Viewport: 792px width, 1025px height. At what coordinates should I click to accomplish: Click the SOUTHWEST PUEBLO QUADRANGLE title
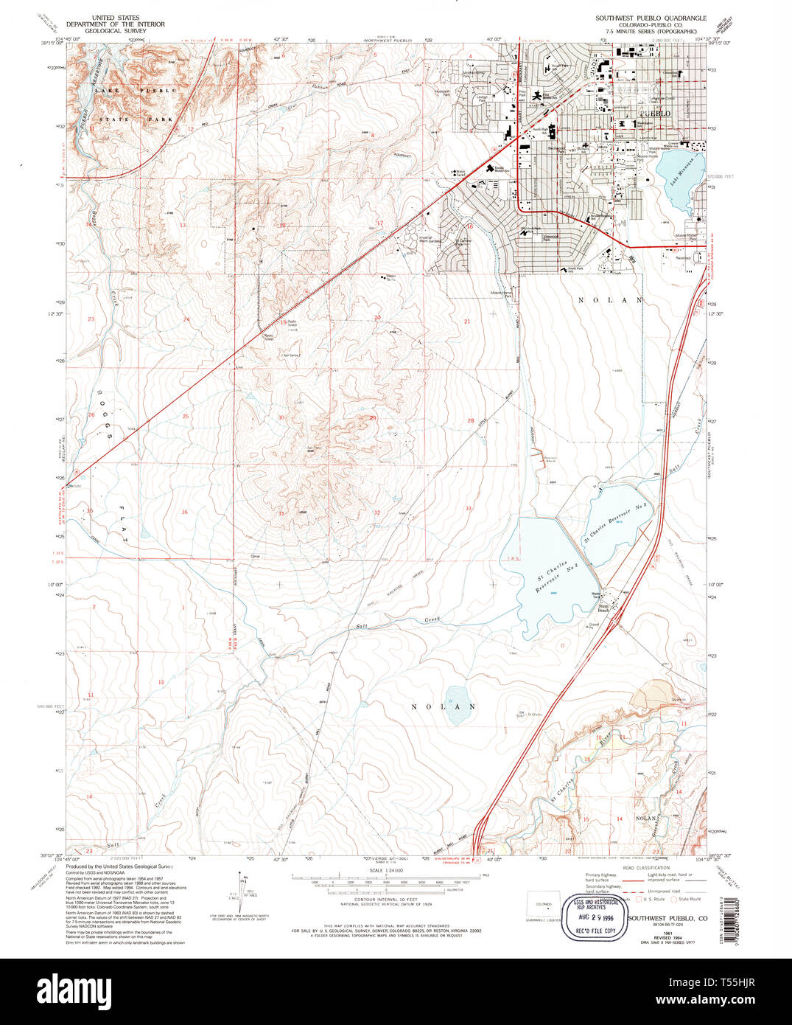tap(651, 18)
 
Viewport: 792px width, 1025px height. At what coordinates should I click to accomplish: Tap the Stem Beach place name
tap(602, 609)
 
